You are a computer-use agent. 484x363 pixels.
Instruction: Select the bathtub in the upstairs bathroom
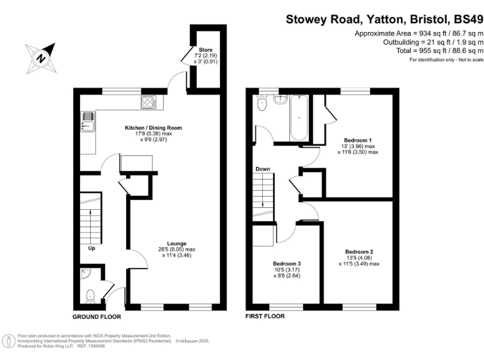pyautogui.click(x=298, y=119)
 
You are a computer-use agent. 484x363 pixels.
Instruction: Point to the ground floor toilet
pyautogui.click(x=90, y=293)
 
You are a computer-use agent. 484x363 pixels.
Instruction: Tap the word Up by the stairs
pyautogui.click(x=91, y=248)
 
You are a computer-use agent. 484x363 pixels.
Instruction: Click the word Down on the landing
pyautogui.click(x=263, y=169)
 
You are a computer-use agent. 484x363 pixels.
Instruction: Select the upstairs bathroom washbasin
pyautogui.click(x=280, y=100)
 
